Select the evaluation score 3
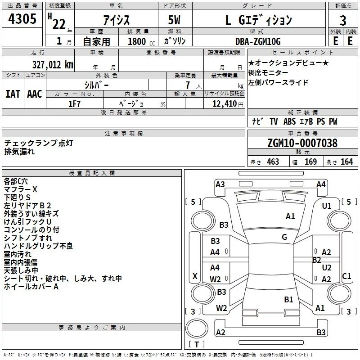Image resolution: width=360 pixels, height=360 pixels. (343, 20)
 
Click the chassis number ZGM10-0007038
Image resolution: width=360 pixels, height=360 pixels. (302, 144)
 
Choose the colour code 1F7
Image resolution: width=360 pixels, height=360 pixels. (74, 103)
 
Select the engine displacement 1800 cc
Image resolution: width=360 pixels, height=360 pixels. (137, 41)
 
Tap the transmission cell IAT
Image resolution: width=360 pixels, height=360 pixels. (13, 94)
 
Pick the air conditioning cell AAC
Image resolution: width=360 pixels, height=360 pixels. (35, 94)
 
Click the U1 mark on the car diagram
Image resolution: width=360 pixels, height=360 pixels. (326, 206)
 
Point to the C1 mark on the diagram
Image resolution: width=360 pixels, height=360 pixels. (346, 276)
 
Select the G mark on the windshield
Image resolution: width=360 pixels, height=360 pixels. (284, 237)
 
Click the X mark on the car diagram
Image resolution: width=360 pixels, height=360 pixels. (195, 276)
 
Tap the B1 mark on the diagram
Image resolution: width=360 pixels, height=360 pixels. (288, 299)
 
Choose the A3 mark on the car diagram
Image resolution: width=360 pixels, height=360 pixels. (220, 184)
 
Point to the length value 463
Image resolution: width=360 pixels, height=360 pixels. (273, 162)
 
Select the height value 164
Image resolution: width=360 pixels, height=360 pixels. (346, 162)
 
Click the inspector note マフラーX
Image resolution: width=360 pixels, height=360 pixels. (21, 189)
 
